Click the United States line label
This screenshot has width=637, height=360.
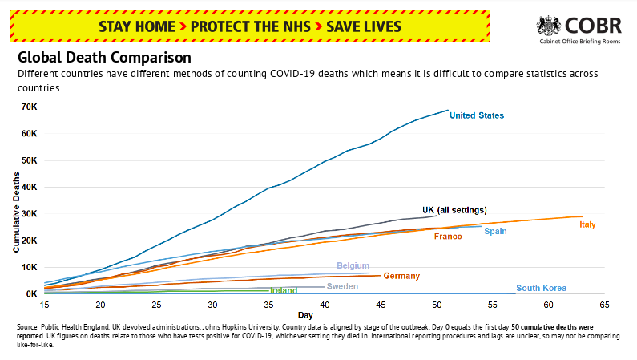pos(477,115)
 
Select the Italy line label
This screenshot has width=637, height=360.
pos(587,224)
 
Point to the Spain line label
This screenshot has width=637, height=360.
pos(495,231)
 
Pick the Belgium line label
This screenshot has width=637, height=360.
pos(353,265)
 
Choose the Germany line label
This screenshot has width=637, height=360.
pos(401,277)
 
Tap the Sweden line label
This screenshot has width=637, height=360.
pos(342,286)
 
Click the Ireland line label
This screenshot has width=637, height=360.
pos(284,291)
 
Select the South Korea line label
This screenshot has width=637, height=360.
pos(541,289)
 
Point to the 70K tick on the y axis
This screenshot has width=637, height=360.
pos(29,107)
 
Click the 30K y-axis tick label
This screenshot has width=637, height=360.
pos(29,214)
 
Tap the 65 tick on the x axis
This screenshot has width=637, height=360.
pos(604,305)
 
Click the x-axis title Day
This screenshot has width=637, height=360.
pos(305,315)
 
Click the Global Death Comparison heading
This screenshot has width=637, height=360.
pos(104,58)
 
